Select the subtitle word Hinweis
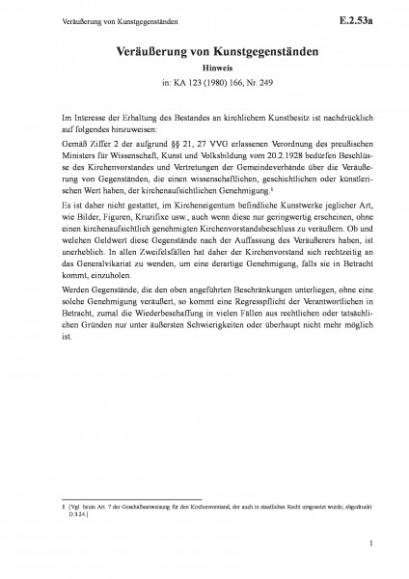[204, 69]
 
